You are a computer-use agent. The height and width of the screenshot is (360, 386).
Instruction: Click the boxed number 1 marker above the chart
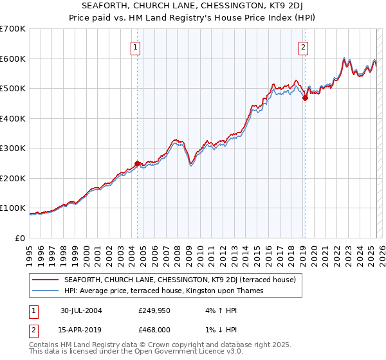(136, 46)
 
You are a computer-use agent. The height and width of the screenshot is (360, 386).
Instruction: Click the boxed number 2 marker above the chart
(303, 46)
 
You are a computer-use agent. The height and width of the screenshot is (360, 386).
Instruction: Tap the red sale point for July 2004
(137, 163)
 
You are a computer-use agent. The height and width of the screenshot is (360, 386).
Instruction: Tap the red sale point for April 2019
(305, 98)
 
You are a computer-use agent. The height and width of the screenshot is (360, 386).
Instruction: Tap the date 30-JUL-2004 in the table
(82, 310)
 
